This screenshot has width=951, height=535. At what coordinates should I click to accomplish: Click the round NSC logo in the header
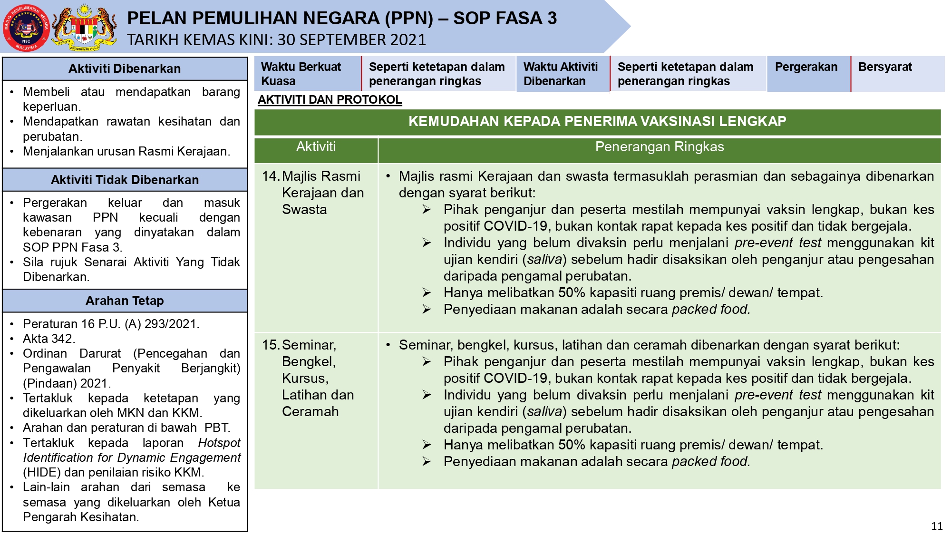point(26,28)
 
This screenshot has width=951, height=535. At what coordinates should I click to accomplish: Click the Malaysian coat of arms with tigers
point(85,28)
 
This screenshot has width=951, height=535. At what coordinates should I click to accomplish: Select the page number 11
point(937,526)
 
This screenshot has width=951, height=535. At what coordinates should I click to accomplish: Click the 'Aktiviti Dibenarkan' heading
point(125,69)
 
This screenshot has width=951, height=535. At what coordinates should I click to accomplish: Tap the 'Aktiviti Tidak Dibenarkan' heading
point(125,180)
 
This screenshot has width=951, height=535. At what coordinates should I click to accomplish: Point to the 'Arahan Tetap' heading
point(125,301)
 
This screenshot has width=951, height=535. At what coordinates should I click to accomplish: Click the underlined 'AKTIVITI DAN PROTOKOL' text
point(330,100)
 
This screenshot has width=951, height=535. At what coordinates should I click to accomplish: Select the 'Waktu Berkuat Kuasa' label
point(301,74)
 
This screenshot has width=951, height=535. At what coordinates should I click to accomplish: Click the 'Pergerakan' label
point(806,67)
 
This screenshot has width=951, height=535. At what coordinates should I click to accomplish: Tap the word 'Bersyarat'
point(885,67)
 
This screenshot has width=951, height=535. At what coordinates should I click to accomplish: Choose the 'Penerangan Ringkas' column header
point(659,147)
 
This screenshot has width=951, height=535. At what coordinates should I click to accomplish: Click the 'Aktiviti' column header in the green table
point(316,147)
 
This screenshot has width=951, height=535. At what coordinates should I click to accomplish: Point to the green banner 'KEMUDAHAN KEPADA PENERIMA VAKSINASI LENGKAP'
point(597,121)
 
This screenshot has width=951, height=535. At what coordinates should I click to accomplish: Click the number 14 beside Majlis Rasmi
point(270,176)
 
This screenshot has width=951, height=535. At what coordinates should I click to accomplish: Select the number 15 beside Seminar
point(270,345)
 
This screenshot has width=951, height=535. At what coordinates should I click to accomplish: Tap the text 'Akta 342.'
point(49,339)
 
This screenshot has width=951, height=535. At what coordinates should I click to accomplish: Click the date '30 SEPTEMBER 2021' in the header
point(352,40)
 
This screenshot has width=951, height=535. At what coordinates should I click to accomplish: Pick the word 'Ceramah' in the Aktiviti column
point(310,412)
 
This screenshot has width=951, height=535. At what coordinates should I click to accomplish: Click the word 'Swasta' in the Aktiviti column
point(304,210)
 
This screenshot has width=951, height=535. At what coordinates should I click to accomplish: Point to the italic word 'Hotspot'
point(219,443)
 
